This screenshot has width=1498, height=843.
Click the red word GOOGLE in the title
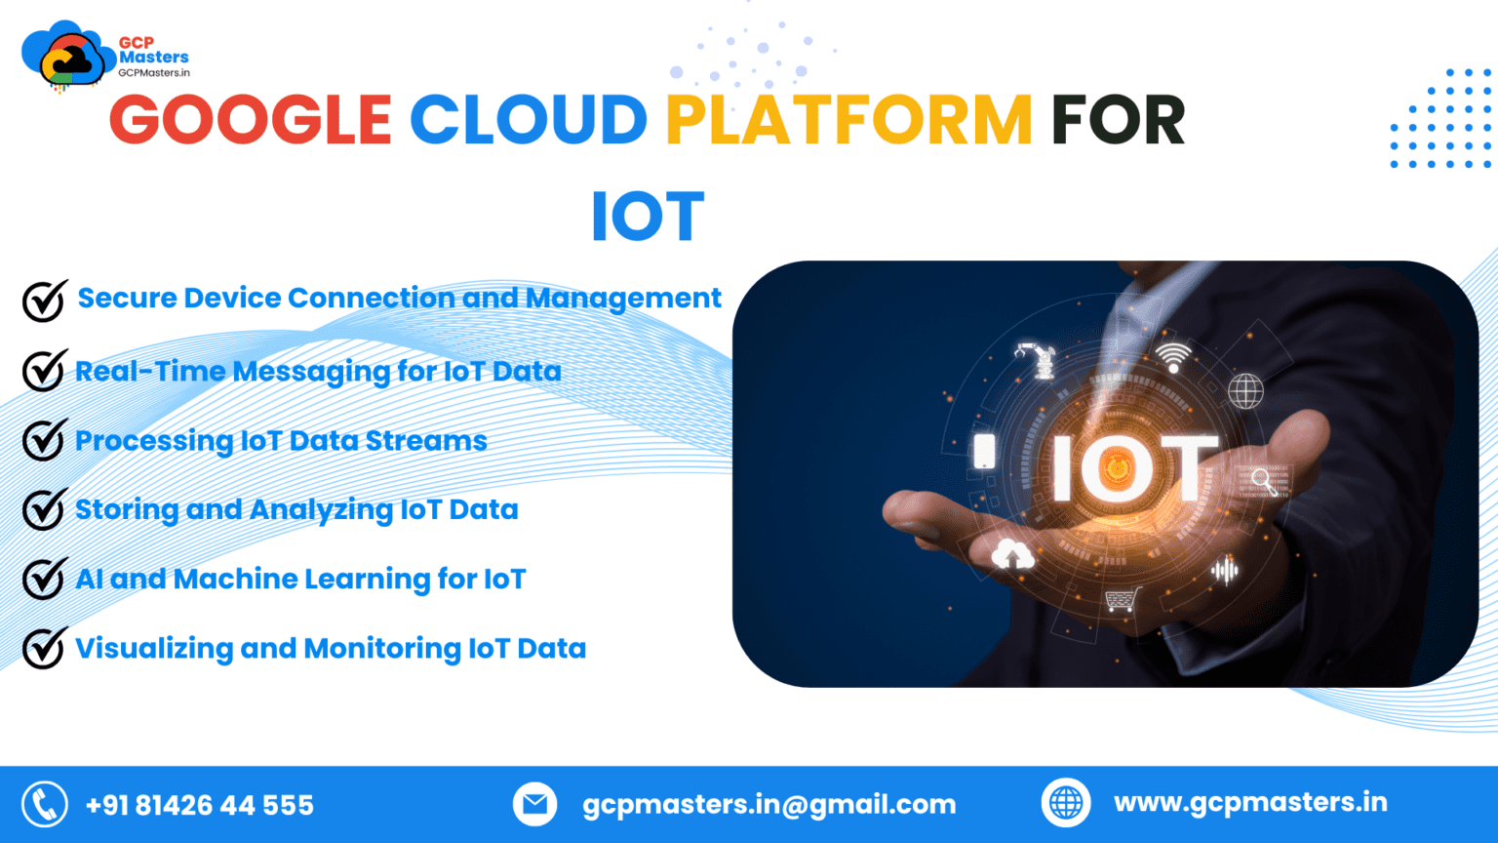[x=251, y=121]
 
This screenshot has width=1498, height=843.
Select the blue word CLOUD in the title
[x=528, y=121]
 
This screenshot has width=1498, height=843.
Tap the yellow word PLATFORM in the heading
[x=848, y=121]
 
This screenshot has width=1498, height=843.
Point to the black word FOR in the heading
[x=1118, y=121]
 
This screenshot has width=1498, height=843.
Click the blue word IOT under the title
[x=648, y=217]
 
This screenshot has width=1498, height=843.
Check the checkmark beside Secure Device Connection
[x=44, y=301]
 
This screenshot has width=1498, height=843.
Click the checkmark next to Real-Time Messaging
[x=44, y=371]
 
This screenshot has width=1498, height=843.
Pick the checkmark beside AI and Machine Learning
[x=44, y=579]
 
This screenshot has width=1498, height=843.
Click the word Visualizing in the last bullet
[x=153, y=649]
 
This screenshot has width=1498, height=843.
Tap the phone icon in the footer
[x=45, y=805]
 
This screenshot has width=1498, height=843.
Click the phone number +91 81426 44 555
[x=200, y=806]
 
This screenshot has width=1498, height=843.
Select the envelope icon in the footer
[x=534, y=805]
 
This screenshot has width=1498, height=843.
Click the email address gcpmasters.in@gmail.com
[x=769, y=805]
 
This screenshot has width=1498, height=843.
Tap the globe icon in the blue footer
[x=1066, y=804]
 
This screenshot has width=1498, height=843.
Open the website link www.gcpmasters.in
[x=1250, y=803]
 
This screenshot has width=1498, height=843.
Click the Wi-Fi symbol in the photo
[x=1173, y=357]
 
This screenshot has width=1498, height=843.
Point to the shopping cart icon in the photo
[x=1123, y=599]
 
